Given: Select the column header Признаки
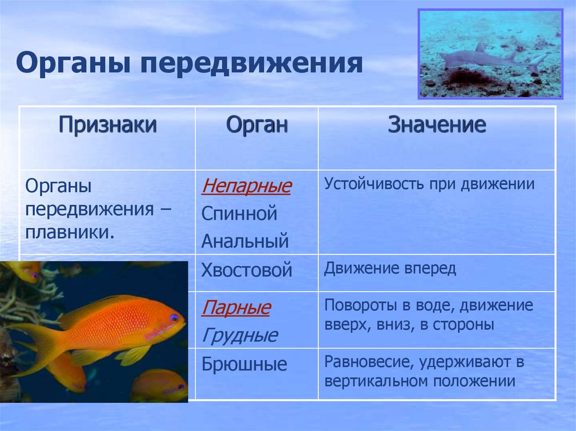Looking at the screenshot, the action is click(107, 125).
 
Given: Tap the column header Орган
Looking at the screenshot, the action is click(256, 125).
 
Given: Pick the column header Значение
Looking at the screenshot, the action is click(436, 124).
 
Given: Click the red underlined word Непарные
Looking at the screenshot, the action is click(246, 186).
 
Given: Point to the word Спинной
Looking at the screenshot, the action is click(239, 214).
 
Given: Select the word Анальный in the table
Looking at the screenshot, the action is click(245, 241).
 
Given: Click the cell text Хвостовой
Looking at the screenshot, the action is click(246, 270).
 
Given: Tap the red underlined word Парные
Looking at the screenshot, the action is click(236, 307).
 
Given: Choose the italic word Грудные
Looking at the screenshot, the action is click(240, 335).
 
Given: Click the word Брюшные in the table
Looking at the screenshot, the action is click(244, 364).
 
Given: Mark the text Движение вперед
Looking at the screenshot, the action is click(390, 269).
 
